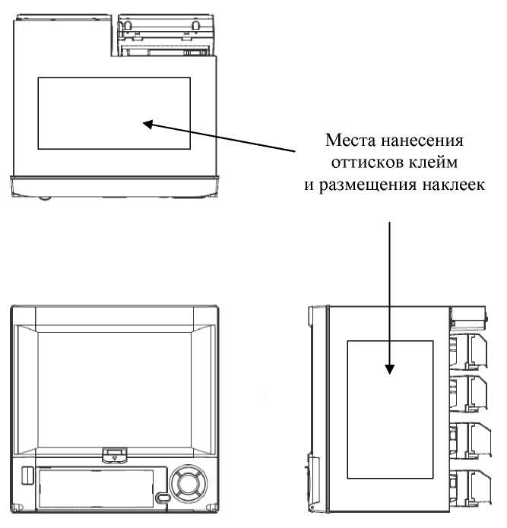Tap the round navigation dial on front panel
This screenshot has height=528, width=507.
187,481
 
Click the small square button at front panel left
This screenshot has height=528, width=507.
24,476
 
